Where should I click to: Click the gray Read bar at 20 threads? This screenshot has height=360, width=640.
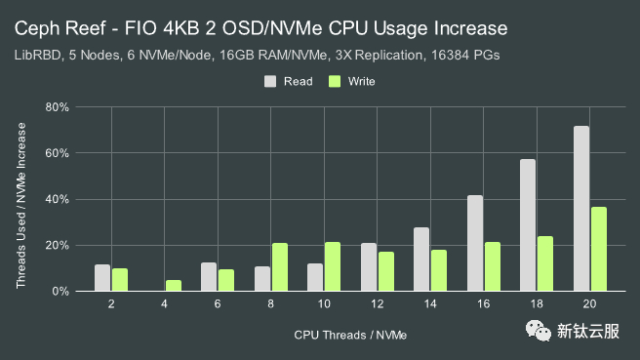[581, 209]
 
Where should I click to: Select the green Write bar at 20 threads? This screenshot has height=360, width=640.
[599, 249]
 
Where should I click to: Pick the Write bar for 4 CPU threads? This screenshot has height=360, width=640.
[174, 286]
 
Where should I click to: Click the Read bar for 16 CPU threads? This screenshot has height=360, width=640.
[475, 243]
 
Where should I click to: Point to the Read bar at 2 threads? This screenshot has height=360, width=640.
[102, 278]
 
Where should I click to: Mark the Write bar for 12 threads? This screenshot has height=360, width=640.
[386, 271]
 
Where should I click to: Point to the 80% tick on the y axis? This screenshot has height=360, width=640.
[59, 106]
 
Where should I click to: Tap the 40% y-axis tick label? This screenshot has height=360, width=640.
[59, 199]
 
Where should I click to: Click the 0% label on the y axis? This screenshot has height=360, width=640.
[61, 291]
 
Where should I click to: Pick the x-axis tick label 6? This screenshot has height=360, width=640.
[218, 306]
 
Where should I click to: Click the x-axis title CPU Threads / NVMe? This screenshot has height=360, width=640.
[350, 335]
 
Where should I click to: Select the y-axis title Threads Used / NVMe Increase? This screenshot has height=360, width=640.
[20, 198]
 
